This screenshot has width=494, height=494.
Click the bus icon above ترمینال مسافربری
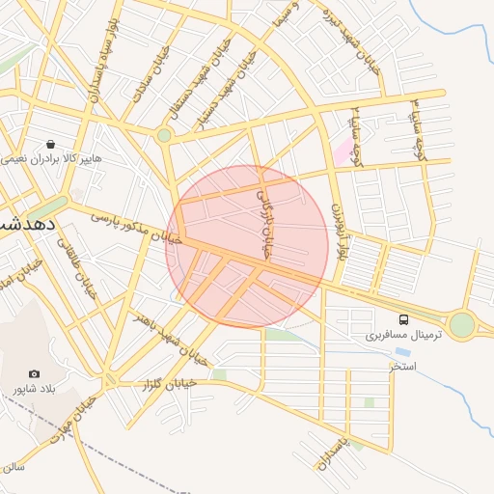coord(403,319)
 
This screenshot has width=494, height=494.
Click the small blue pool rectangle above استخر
coord(401,352)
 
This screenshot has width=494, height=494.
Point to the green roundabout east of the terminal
coord(462,324)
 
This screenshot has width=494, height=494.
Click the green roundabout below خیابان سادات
coord(164,136)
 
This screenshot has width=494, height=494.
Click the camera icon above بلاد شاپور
coord(35,373)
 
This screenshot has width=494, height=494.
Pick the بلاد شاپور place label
coord(30,389)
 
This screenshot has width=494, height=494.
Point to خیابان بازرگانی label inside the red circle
coord(263,223)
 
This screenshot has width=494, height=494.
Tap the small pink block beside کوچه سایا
coord(343,150)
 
